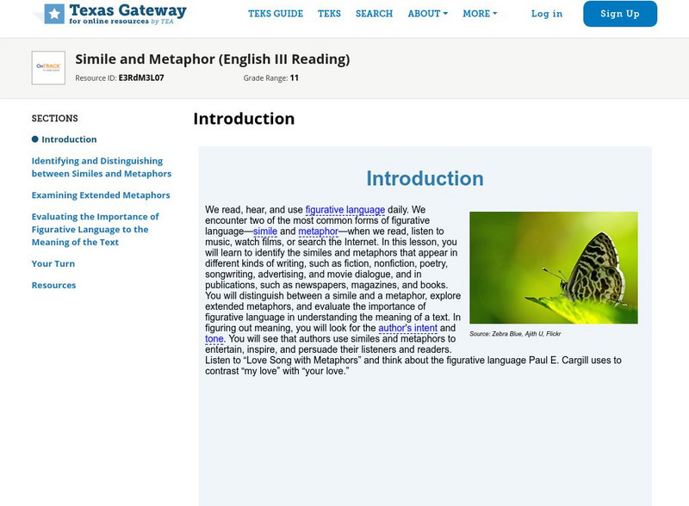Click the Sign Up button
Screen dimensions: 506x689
(x=620, y=14)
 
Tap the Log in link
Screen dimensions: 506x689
(x=547, y=14)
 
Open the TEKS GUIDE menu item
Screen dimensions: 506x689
(x=276, y=14)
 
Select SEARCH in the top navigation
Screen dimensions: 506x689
(x=374, y=14)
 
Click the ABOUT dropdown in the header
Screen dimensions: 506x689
(x=427, y=14)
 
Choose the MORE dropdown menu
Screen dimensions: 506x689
(x=479, y=14)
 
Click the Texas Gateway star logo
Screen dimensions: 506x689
(x=54, y=13)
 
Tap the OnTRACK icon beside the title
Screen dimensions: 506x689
(x=48, y=67)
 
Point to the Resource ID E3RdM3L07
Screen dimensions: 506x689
(x=140, y=78)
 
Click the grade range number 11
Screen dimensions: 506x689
(x=294, y=78)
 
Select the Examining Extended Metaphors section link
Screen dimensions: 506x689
(x=101, y=195)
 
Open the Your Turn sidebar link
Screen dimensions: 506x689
(x=53, y=264)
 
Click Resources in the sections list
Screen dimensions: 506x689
(x=53, y=286)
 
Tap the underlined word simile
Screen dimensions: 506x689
(x=265, y=231)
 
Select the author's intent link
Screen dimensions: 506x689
(x=408, y=328)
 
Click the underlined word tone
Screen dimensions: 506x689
(x=214, y=339)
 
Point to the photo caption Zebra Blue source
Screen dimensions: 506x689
(x=515, y=333)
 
